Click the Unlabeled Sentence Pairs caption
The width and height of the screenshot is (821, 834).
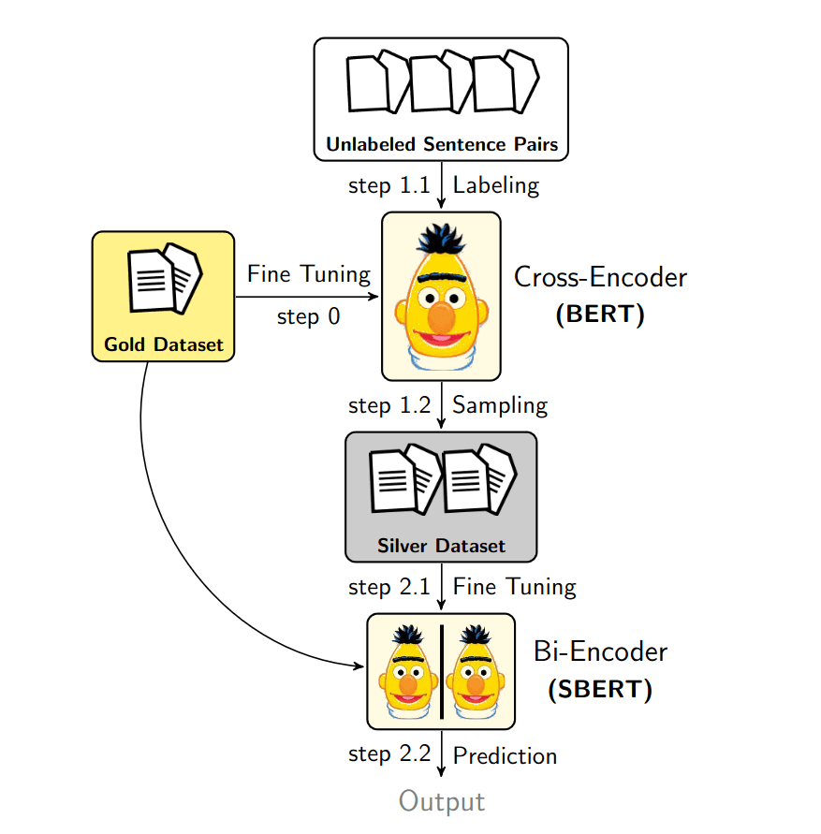point(441,144)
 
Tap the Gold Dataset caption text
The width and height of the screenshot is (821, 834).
point(164,344)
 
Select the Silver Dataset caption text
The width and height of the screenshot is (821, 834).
point(441,546)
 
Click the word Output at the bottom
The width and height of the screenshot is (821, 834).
point(442,802)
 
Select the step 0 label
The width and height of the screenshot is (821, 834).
point(308,316)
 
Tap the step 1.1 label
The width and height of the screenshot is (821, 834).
point(389,185)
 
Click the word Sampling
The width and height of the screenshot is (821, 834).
point(500,405)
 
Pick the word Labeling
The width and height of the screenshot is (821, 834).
point(496,185)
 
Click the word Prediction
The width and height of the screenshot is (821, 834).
point(505,755)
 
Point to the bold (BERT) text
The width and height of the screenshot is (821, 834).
point(600,315)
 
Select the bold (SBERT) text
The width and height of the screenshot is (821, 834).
point(600,690)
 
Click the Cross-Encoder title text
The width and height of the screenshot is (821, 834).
point(600,278)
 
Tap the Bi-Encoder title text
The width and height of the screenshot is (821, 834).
point(600,651)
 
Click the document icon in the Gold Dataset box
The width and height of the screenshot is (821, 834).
point(165,279)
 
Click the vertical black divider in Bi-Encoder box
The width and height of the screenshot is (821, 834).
point(441,671)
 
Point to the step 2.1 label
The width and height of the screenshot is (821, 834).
point(389,587)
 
